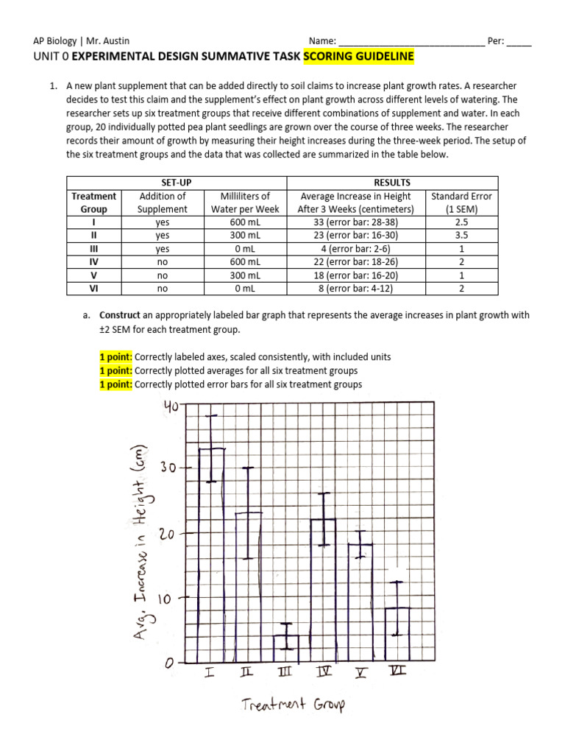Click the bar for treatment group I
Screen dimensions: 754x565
[211, 552]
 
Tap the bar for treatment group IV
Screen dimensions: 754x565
[324, 589]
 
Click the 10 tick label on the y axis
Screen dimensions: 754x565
[168, 599]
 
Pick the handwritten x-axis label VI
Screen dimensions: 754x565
[398, 672]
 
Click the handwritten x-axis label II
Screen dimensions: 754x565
[247, 672]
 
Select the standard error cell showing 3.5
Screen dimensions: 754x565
[461, 236]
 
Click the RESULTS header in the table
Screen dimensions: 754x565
[392, 183]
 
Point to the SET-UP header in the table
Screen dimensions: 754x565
[176, 183]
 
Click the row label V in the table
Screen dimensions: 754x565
[93, 275]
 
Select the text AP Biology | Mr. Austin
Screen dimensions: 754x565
[82, 41]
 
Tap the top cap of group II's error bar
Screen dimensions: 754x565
[249, 468]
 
